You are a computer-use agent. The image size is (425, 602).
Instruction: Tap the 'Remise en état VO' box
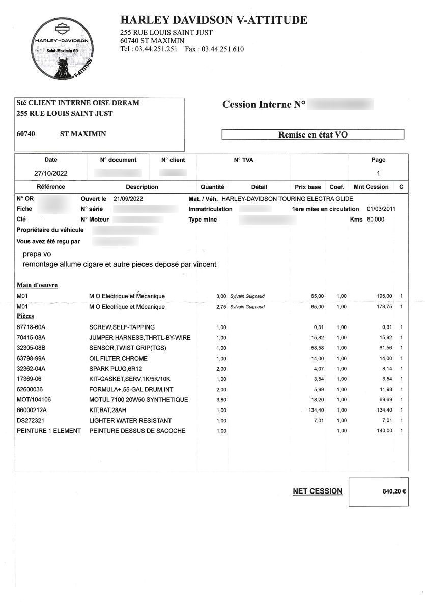click(x=313, y=135)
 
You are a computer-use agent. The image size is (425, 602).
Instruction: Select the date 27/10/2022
click(x=51, y=173)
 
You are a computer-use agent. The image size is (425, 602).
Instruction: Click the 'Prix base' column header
click(x=307, y=187)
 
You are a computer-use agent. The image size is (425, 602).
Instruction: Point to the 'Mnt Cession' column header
click(x=371, y=187)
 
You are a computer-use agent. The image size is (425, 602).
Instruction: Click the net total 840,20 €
click(x=393, y=492)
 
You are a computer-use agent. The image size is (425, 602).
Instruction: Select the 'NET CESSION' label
click(x=317, y=491)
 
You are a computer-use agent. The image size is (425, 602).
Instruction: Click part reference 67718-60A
click(x=31, y=327)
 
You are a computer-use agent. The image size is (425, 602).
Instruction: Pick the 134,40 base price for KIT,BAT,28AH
click(x=314, y=410)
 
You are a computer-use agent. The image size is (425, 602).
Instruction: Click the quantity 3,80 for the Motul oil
click(x=220, y=400)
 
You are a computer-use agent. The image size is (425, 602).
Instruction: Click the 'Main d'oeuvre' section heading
click(x=37, y=285)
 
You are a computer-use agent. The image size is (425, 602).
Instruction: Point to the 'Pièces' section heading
click(x=25, y=316)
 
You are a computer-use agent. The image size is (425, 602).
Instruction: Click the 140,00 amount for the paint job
click(x=383, y=431)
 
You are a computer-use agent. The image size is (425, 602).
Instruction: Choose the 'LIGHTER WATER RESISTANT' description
click(x=130, y=421)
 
